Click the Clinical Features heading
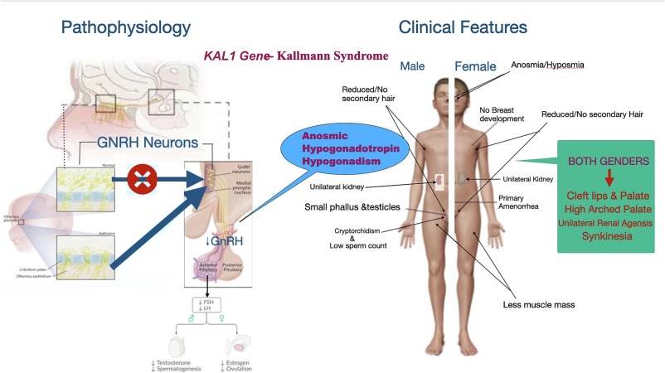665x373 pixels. point(463,27)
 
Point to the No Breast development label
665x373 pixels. point(502,115)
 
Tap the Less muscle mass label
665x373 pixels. point(538,304)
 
